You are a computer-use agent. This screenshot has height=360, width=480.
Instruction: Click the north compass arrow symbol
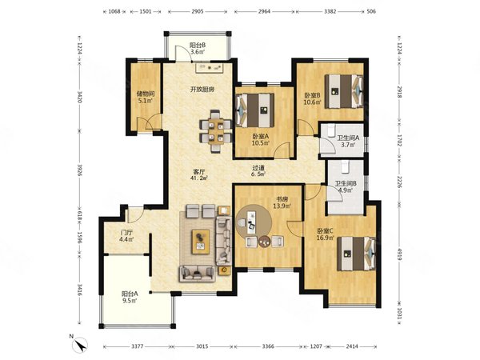point(80,344)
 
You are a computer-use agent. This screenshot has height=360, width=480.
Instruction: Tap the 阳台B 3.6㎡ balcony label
point(198,48)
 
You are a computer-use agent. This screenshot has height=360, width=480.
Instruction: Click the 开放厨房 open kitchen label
point(202,90)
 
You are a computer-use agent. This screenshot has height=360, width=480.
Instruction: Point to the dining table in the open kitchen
point(215,131)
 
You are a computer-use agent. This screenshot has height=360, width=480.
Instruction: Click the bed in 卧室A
point(255,110)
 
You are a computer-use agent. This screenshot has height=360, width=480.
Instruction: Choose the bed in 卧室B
point(344,91)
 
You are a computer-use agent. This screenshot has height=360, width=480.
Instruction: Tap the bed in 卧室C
point(357,254)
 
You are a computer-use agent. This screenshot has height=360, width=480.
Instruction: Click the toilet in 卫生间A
point(331,130)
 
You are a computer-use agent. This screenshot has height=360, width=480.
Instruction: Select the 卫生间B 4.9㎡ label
point(346,186)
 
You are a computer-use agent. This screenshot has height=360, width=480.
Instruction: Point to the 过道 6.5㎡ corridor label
point(258,171)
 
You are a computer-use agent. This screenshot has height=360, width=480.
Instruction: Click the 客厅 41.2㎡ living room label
point(199,174)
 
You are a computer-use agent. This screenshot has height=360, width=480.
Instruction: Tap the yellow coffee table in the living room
point(201,242)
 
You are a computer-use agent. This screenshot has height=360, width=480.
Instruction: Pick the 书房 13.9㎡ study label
point(282,202)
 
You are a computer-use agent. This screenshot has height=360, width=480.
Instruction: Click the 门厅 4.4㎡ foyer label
point(126,235)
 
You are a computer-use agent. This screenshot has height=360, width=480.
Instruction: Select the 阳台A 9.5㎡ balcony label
point(130,297)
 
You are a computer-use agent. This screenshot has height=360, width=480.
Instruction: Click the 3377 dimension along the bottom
point(137,346)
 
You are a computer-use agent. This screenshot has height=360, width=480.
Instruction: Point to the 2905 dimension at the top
point(198,12)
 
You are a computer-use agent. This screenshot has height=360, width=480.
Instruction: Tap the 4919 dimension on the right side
point(399,254)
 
